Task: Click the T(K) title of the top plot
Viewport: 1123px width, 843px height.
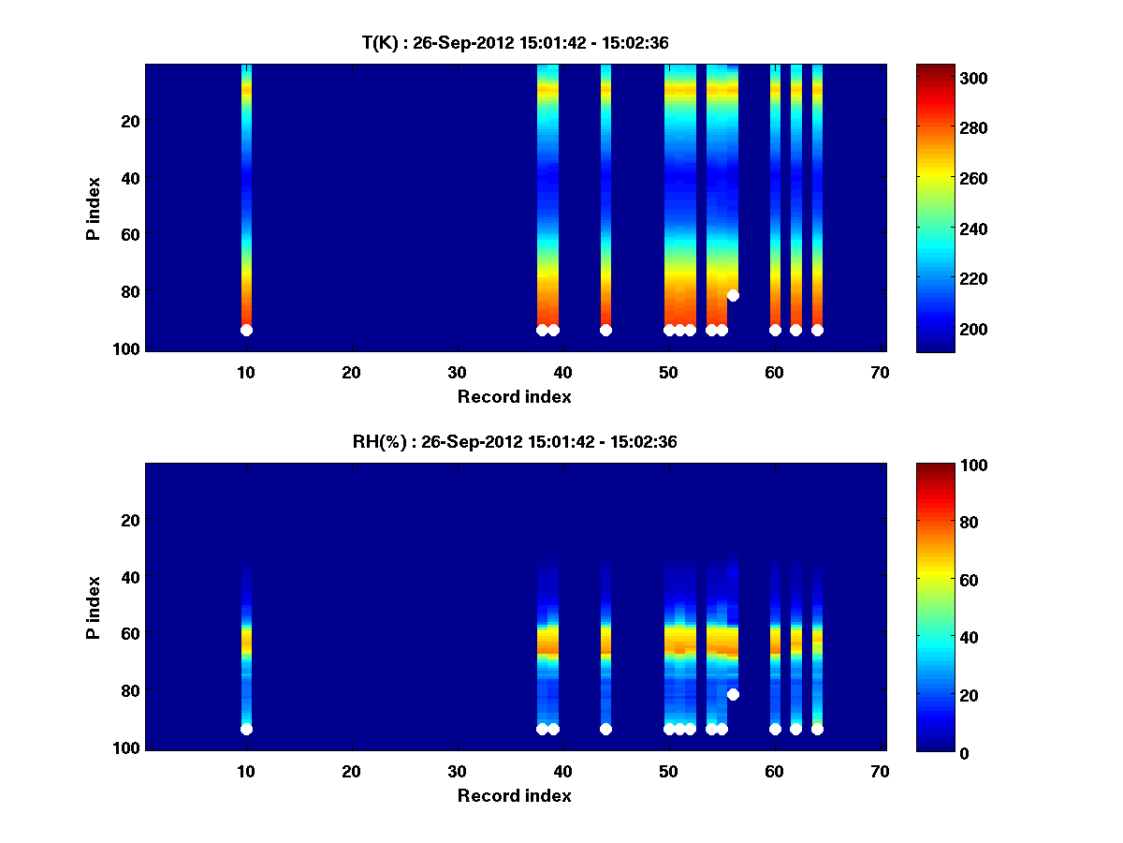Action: click(x=515, y=43)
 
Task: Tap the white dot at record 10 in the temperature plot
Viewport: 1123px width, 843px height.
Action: click(x=246, y=330)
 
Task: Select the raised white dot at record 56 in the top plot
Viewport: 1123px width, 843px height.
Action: click(x=733, y=295)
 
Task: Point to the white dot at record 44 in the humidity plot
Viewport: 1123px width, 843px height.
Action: click(x=605, y=729)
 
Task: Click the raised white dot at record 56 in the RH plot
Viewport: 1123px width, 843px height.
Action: click(x=733, y=694)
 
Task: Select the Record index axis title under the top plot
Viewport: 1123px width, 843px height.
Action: click(x=515, y=396)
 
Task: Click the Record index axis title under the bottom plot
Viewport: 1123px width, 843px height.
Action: click(x=515, y=795)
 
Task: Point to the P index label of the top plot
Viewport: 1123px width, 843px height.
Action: click(x=94, y=208)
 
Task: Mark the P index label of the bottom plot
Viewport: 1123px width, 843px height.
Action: click(x=94, y=607)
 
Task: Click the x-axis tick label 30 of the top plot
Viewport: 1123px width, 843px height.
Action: click(x=458, y=372)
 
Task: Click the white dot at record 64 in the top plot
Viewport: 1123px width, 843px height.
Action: click(x=817, y=330)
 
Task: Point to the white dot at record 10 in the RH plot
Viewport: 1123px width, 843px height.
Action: click(x=246, y=729)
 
